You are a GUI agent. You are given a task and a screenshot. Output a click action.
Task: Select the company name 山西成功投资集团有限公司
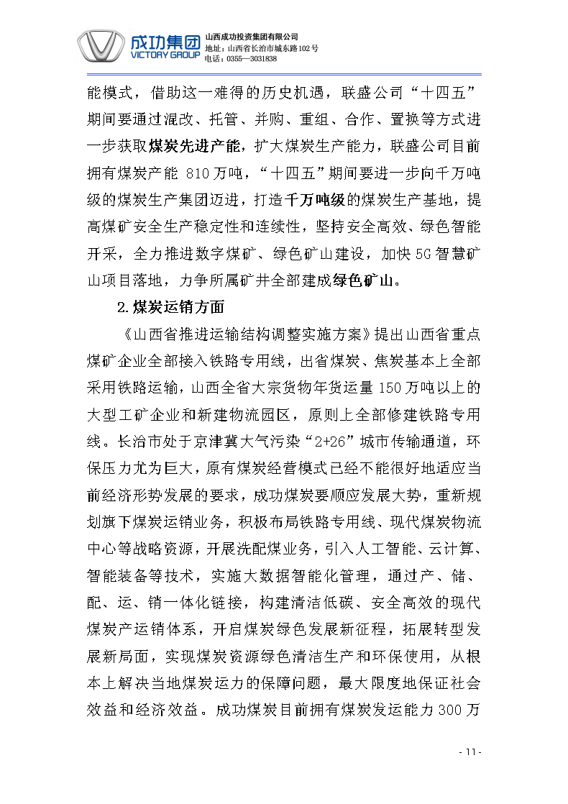(252, 36)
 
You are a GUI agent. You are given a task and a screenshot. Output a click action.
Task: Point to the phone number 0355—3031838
(250, 58)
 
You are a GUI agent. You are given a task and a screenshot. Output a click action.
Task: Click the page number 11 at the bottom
(469, 752)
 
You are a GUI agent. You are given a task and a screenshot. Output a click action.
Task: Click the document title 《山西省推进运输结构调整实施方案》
(247, 334)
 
